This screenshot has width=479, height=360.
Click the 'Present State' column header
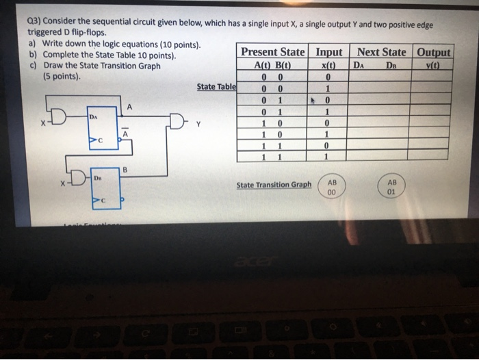(273, 53)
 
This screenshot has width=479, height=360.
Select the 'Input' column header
(328, 53)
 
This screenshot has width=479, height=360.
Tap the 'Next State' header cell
(382, 53)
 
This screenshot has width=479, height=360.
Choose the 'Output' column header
(434, 53)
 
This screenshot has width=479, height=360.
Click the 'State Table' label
(216, 87)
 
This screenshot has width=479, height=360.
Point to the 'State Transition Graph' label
(273, 185)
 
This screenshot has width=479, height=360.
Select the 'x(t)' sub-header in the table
(328, 66)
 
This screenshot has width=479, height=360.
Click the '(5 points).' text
(62, 77)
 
